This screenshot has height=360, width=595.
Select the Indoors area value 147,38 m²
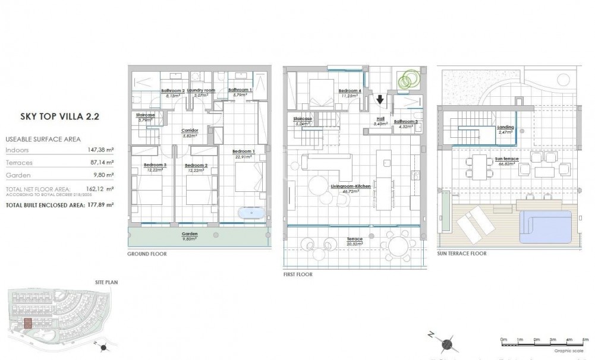point(100,151)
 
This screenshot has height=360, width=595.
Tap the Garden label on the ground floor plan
point(190,234)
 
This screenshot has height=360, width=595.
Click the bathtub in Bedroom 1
point(252,212)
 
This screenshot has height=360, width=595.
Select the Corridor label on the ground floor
point(190,131)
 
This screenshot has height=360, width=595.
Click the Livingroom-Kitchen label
point(350,187)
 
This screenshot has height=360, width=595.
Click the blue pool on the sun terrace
point(546,225)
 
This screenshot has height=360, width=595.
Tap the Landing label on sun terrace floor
point(505,127)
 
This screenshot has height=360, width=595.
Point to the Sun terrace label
point(506,159)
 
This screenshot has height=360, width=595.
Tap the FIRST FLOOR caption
point(298,274)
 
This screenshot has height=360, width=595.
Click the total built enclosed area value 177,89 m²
point(100,204)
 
